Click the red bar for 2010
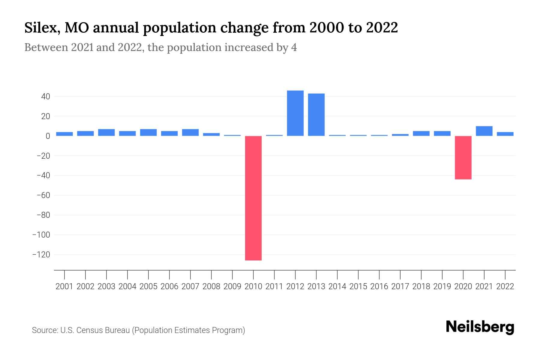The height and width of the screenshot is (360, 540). tap(253, 198)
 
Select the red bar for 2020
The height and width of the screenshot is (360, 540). tap(463, 157)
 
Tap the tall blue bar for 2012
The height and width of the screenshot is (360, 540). tap(295, 113)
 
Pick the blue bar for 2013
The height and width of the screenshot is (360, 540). tap(316, 115)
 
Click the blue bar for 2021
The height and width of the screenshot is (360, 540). tap(484, 131)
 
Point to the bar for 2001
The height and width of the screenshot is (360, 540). tap(64, 134)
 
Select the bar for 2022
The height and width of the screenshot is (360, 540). tap(505, 134)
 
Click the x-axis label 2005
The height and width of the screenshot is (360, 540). tap(148, 286)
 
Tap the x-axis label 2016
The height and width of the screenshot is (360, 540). tap(379, 286)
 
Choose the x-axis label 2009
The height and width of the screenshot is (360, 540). tap(232, 286)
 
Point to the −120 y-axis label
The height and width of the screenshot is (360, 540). tap(41, 255)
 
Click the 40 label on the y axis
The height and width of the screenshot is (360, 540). tap(46, 97)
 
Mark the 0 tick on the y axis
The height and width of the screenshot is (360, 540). tap(48, 136)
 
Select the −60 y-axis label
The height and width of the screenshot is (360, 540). tap(43, 195)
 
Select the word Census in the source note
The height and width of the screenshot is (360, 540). tap(90, 330)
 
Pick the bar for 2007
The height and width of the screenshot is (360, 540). tap(190, 132)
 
